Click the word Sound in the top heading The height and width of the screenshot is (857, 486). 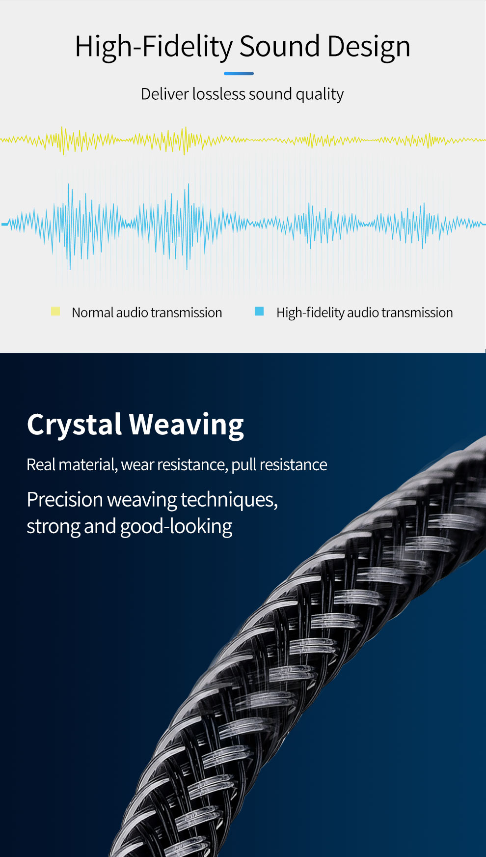pyautogui.click(x=279, y=46)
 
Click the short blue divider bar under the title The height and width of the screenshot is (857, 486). pyautogui.click(x=239, y=74)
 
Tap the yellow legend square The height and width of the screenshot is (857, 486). pyautogui.click(x=55, y=311)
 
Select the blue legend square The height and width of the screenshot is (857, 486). pyautogui.click(x=259, y=311)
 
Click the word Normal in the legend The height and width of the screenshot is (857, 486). pyautogui.click(x=92, y=313)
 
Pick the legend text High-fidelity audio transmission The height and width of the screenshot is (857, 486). pyautogui.click(x=365, y=313)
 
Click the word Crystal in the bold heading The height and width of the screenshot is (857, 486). pyautogui.click(x=74, y=425)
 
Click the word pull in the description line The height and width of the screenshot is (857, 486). pyautogui.click(x=243, y=465)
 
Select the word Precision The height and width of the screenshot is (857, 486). pyautogui.click(x=65, y=500)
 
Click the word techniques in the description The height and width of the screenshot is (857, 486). pyautogui.click(x=229, y=500)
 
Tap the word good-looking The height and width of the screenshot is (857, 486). pyautogui.click(x=176, y=527)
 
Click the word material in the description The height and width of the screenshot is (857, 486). pyautogui.click(x=88, y=465)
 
